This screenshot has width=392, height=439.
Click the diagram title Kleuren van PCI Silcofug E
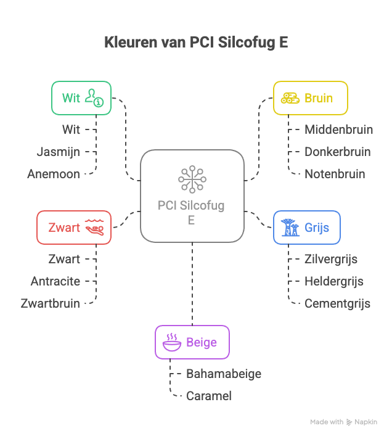tap(195, 43)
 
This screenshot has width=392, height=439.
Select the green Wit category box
tap(81, 98)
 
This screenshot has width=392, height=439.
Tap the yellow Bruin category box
tap(310, 98)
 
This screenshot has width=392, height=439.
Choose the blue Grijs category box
tap(306, 228)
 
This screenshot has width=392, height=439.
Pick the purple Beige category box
tap(192, 342)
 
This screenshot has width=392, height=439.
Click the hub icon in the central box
tap(192, 179)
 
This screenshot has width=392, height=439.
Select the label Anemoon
tap(54, 174)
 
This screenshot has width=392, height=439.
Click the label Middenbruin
tap(338, 130)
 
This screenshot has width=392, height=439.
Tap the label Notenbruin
tap(335, 174)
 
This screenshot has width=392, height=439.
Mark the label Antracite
tap(55, 281)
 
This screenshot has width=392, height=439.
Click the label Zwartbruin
tap(50, 303)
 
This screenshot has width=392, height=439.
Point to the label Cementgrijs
tap(337, 303)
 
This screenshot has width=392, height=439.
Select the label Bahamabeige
tap(224, 374)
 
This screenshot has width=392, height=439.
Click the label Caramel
tap(209, 396)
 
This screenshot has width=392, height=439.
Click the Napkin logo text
tap(365, 422)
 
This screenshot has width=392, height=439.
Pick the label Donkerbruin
tap(337, 152)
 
